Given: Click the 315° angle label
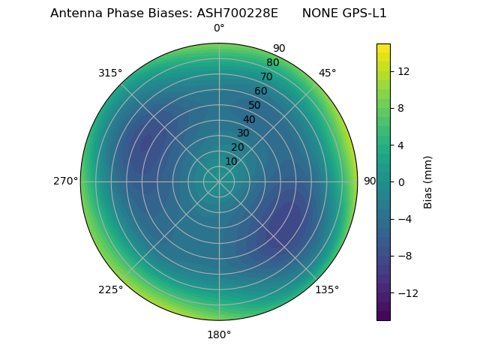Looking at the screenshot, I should coord(110,73).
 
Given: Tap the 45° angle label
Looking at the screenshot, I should coord(327,73).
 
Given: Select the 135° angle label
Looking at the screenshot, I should coord(327,289).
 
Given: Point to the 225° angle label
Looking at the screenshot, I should coord(110,289).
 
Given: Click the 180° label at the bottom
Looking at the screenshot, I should coord(219,334).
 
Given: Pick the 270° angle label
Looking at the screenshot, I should coord(65,181).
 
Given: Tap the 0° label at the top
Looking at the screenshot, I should coord(219,28).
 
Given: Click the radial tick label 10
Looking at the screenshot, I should coord(231,161).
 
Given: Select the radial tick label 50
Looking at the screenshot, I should coord(254,105).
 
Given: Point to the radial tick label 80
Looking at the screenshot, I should coord(272,62).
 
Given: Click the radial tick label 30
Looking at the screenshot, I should coord(243,133).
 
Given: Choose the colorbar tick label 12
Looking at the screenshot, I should coord(403,71).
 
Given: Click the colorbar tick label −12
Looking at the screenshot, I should coord(407,293).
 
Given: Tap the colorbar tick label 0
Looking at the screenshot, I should coord(401,182).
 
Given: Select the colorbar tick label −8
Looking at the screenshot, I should coord(404,256).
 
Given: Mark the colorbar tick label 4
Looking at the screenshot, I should coord(401,145).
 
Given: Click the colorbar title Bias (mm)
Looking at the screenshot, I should coord(428,182).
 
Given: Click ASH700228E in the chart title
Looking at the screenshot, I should coord(237,13).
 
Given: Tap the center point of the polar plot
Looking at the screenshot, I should coord(219,181).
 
